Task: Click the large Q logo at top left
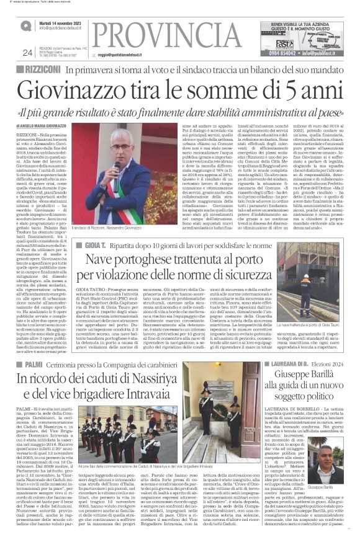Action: (x=25, y=25)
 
